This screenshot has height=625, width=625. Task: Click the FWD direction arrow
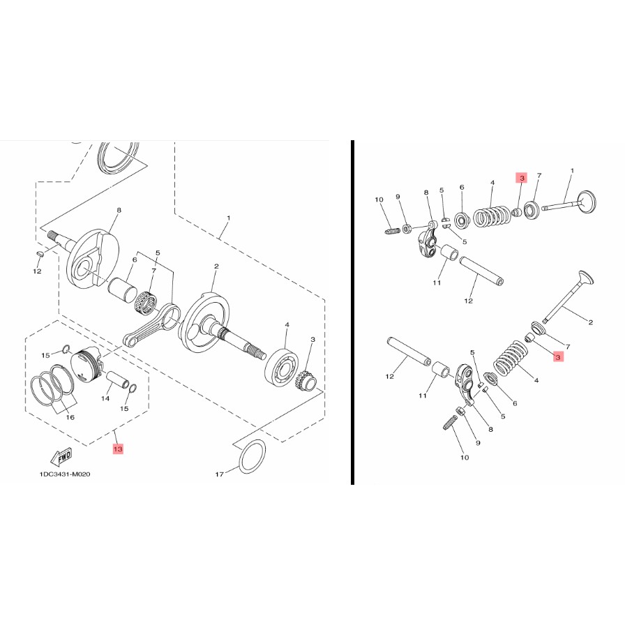(x=63, y=458)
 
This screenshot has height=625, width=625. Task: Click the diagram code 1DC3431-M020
(x=65, y=474)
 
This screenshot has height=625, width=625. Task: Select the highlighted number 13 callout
(x=118, y=449)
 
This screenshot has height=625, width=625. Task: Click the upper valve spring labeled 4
(x=492, y=216)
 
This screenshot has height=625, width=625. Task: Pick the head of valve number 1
(x=587, y=202)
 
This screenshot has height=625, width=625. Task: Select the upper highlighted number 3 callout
(x=521, y=178)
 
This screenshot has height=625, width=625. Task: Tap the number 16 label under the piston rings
(x=70, y=417)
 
